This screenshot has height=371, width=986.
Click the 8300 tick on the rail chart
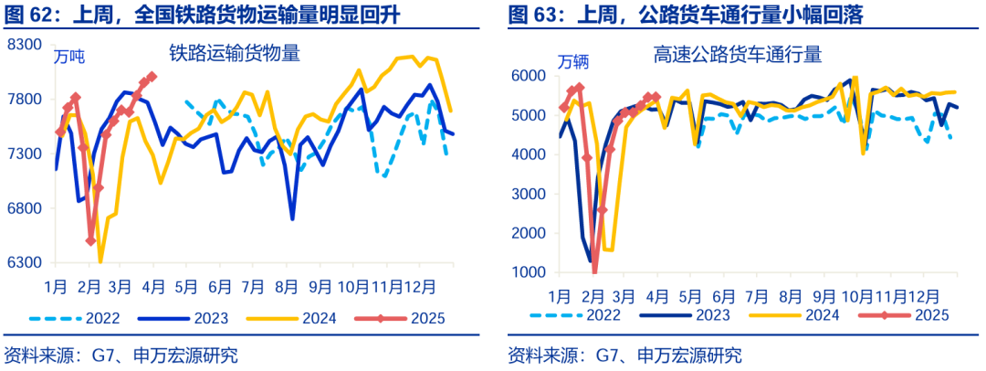point(25,44)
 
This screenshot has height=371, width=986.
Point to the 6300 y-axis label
point(25,263)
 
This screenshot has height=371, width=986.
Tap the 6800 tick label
point(25,208)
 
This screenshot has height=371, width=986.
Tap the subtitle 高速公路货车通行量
point(738,55)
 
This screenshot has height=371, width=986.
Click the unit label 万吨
point(69,58)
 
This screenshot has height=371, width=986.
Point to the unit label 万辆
point(573,62)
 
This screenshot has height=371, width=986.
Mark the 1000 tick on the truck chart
point(529,272)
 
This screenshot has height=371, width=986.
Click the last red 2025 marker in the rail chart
point(152,76)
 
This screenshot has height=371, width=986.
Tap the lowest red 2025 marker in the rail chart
point(90,241)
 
